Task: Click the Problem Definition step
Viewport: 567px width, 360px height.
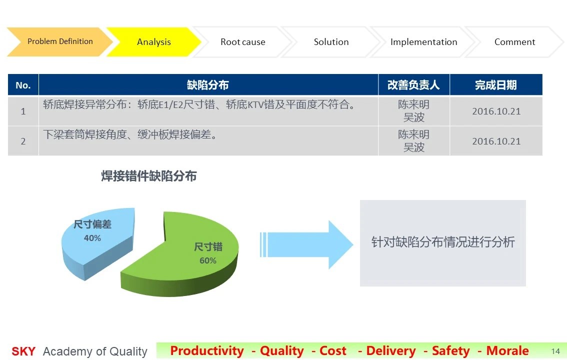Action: pyautogui.click(x=60, y=41)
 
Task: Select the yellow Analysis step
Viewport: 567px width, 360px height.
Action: pyautogui.click(x=153, y=42)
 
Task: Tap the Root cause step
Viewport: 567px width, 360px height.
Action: pyautogui.click(x=242, y=42)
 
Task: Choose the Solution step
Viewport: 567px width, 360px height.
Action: pyautogui.click(x=331, y=42)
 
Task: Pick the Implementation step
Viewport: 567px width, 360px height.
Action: pyautogui.click(x=423, y=42)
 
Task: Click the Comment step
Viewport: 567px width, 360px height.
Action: pyautogui.click(x=514, y=42)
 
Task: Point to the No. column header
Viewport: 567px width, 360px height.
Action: pyautogui.click(x=23, y=85)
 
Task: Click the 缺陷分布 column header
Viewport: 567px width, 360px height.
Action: pyautogui.click(x=208, y=85)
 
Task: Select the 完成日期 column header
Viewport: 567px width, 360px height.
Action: pyautogui.click(x=496, y=85)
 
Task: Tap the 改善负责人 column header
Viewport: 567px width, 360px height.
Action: pyautogui.click(x=413, y=85)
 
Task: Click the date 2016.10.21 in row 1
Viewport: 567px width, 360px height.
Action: pyautogui.click(x=496, y=111)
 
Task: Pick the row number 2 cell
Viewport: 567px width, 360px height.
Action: pyautogui.click(x=23, y=141)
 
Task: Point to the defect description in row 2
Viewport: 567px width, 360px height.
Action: pyautogui.click(x=130, y=135)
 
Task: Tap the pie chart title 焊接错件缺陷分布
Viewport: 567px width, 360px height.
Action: pyautogui.click(x=148, y=176)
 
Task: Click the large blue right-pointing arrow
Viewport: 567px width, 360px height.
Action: pyautogui.click(x=306, y=244)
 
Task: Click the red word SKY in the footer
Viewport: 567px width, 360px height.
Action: pyautogui.click(x=23, y=351)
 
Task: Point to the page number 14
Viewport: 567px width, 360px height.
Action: pyautogui.click(x=555, y=351)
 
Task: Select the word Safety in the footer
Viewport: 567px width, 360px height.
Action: pyautogui.click(x=451, y=351)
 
